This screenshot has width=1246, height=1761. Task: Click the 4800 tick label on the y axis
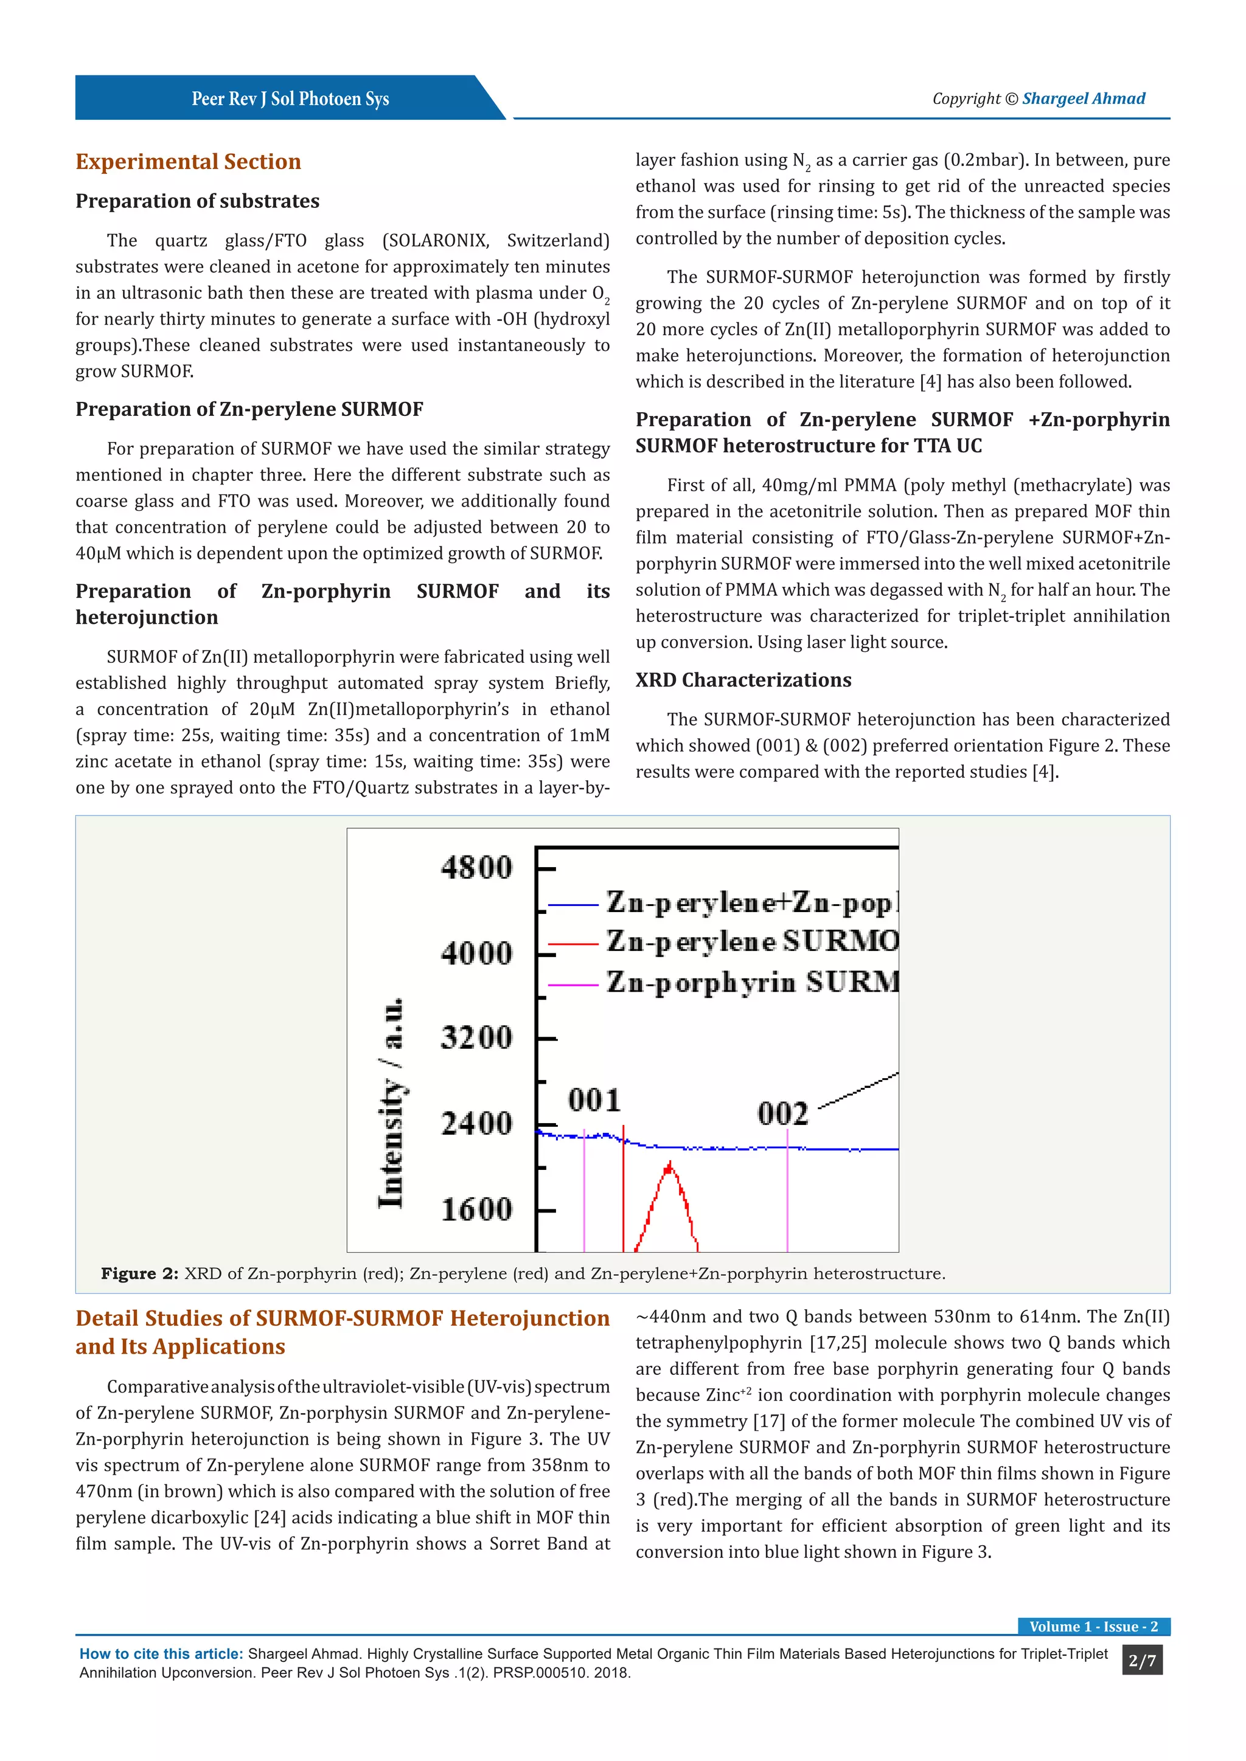coord(476,868)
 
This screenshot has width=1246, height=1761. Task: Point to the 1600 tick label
coord(476,1209)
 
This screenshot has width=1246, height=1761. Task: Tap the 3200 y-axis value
coord(476,1038)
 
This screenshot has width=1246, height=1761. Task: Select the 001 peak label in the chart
coord(594,1100)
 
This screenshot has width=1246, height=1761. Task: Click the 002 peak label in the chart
coord(782,1113)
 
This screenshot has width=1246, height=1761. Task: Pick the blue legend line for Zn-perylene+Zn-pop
coord(573,905)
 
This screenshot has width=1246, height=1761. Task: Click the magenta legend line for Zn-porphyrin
coord(573,984)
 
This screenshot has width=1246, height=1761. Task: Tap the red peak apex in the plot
coord(670,1166)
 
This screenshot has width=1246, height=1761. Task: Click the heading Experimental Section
coord(188,162)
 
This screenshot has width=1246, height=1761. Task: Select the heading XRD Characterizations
coord(743,680)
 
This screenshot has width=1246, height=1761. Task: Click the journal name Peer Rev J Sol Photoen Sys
coord(290,99)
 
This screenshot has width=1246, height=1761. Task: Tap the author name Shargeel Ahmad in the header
coord(1084,98)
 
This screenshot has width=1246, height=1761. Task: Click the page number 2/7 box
coord(1141,1661)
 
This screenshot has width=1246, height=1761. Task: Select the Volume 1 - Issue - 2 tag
coord(1093,1627)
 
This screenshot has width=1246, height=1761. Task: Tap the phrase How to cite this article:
coord(161,1655)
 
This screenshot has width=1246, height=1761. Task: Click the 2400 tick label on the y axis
coord(476,1124)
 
